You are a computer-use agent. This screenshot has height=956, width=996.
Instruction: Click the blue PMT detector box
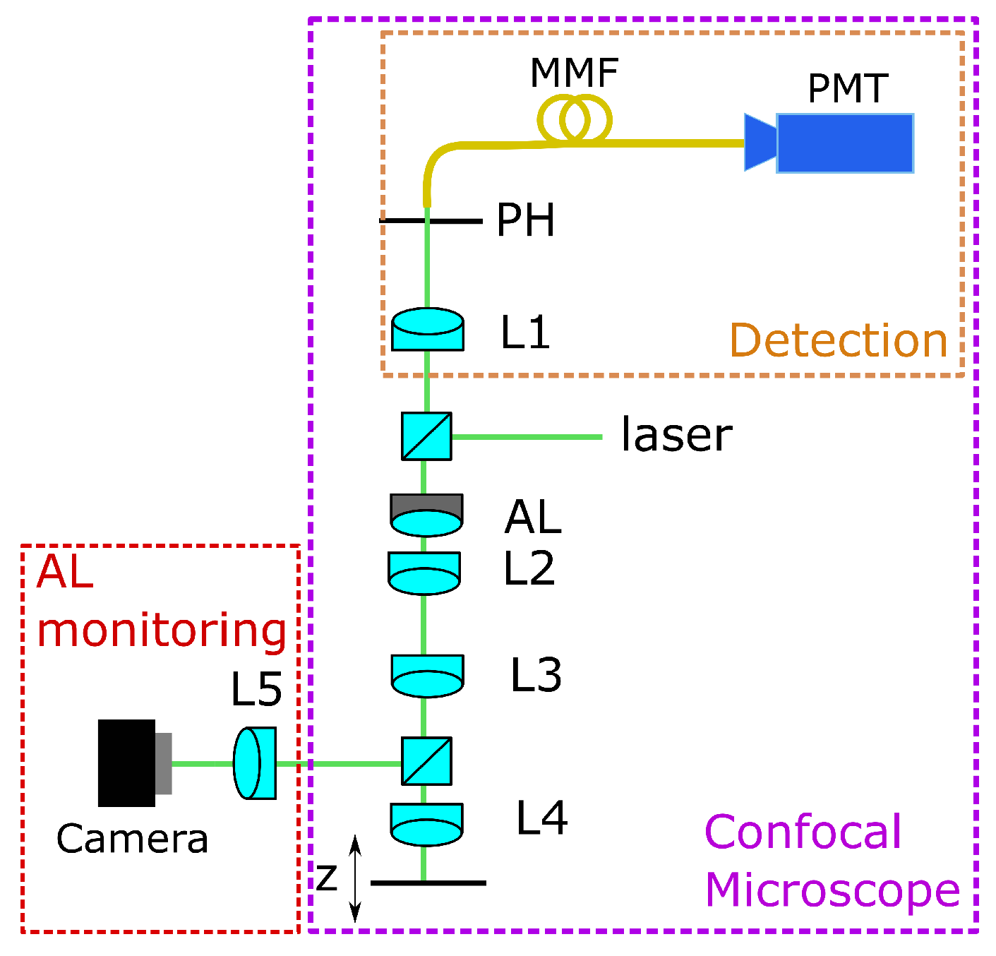(x=844, y=143)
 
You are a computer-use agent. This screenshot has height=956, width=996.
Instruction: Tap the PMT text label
(x=846, y=89)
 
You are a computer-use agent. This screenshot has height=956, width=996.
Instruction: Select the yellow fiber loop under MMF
(x=574, y=121)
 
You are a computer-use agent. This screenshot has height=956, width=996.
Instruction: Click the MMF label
(x=574, y=73)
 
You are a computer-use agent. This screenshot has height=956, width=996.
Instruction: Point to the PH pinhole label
(x=525, y=220)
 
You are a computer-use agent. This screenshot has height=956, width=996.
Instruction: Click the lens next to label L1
(x=427, y=330)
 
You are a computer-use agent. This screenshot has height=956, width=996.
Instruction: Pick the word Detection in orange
(x=838, y=340)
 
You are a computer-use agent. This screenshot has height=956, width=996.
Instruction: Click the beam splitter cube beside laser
(x=426, y=436)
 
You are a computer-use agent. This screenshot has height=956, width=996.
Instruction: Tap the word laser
(x=676, y=435)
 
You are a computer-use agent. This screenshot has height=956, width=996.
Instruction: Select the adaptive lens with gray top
(x=426, y=515)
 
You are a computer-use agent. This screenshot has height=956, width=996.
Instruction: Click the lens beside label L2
(x=424, y=573)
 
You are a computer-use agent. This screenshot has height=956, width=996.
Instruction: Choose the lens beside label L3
(x=427, y=676)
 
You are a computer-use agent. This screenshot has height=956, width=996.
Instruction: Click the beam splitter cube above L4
(x=426, y=761)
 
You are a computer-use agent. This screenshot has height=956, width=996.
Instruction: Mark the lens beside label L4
(x=426, y=824)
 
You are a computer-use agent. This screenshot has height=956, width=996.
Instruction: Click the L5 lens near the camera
(x=254, y=763)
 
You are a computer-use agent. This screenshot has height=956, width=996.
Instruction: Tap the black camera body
(x=127, y=763)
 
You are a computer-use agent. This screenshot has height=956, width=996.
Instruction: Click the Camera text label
(x=132, y=839)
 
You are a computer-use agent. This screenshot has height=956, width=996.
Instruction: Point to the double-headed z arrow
(x=356, y=879)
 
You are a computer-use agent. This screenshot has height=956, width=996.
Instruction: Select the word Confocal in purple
(x=803, y=832)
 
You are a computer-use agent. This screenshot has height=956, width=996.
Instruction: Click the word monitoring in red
(x=162, y=630)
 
